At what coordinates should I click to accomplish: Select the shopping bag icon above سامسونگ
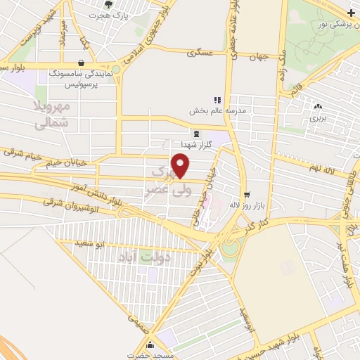coord(83,63)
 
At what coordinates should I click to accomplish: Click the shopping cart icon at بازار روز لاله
coord(246,194)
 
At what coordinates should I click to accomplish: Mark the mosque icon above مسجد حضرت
coord(150,345)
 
